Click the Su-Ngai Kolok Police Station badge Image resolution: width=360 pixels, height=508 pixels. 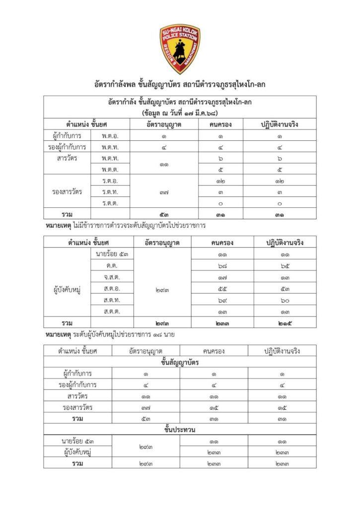[180, 49]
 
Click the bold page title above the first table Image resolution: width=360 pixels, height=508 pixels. [180, 85]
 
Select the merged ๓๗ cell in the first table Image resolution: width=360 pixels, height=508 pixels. [163, 191]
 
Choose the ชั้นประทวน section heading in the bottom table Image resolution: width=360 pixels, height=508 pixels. [179, 429]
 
